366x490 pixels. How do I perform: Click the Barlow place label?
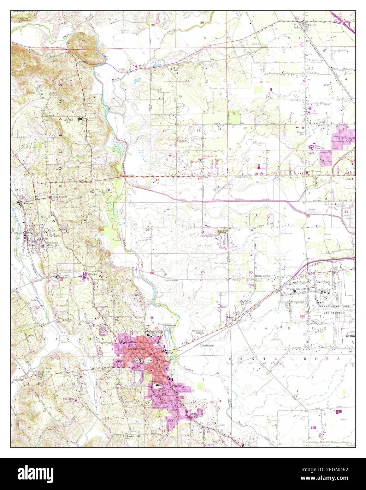click(63, 278)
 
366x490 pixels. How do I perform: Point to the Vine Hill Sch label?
click(69, 121)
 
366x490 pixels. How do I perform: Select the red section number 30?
click(250, 272)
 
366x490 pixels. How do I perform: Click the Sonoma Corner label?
click(58, 197)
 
